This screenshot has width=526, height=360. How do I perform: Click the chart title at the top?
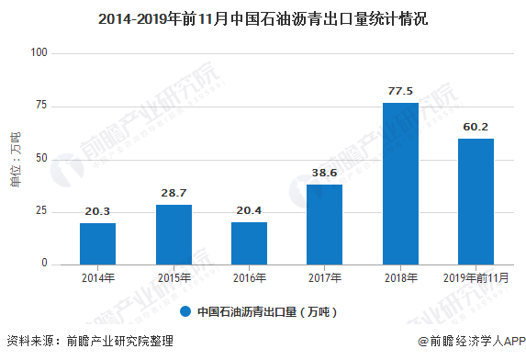pyautogui.click(x=263, y=18)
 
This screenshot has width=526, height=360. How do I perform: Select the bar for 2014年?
pyautogui.click(x=98, y=243)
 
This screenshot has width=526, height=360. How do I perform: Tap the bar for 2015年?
pyautogui.click(x=173, y=234)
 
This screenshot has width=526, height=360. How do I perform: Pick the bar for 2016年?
pyautogui.click(x=249, y=243)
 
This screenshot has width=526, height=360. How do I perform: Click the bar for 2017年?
pyautogui.click(x=325, y=224)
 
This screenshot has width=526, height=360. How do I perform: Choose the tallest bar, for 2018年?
pyautogui.click(x=400, y=184)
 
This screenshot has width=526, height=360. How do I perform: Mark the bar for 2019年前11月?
pyautogui.click(x=476, y=201)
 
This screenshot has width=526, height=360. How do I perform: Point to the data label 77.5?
pyautogui.click(x=400, y=92)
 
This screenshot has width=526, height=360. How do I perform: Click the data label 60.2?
pyautogui.click(x=476, y=128)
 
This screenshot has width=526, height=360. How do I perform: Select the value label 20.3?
pyautogui.click(x=98, y=212)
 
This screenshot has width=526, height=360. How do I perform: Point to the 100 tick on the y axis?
pyautogui.click(x=39, y=53)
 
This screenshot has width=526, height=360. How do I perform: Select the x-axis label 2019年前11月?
pyautogui.click(x=476, y=278)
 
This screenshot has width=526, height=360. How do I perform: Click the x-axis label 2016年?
pyautogui.click(x=249, y=278)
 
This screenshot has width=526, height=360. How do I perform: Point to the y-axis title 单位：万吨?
pyautogui.click(x=15, y=159)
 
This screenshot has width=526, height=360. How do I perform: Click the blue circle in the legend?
pyautogui.click(x=185, y=311)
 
